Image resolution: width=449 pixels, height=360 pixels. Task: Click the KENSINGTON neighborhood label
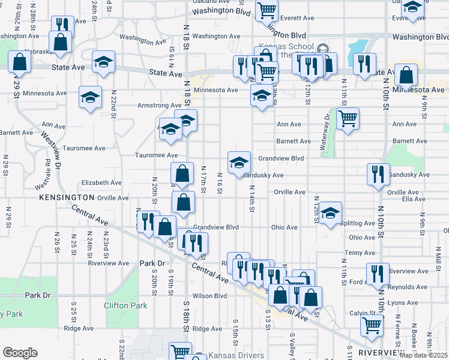(x=67, y=197)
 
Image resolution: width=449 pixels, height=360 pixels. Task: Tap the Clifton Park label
(x=125, y=305)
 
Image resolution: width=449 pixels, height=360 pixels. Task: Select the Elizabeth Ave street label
(x=101, y=182)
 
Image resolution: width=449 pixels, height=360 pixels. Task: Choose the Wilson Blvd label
(x=209, y=296)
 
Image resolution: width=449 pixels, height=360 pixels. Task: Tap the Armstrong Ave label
(x=143, y=106)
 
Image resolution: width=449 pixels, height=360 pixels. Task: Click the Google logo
(x=20, y=353)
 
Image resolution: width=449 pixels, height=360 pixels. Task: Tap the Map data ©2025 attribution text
(x=423, y=355)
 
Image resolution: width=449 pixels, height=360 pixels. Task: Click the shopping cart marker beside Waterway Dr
(x=348, y=119)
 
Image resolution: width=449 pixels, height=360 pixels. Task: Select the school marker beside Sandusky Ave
(x=239, y=163)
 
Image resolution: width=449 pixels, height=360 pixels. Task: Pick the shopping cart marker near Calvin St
(x=372, y=326)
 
